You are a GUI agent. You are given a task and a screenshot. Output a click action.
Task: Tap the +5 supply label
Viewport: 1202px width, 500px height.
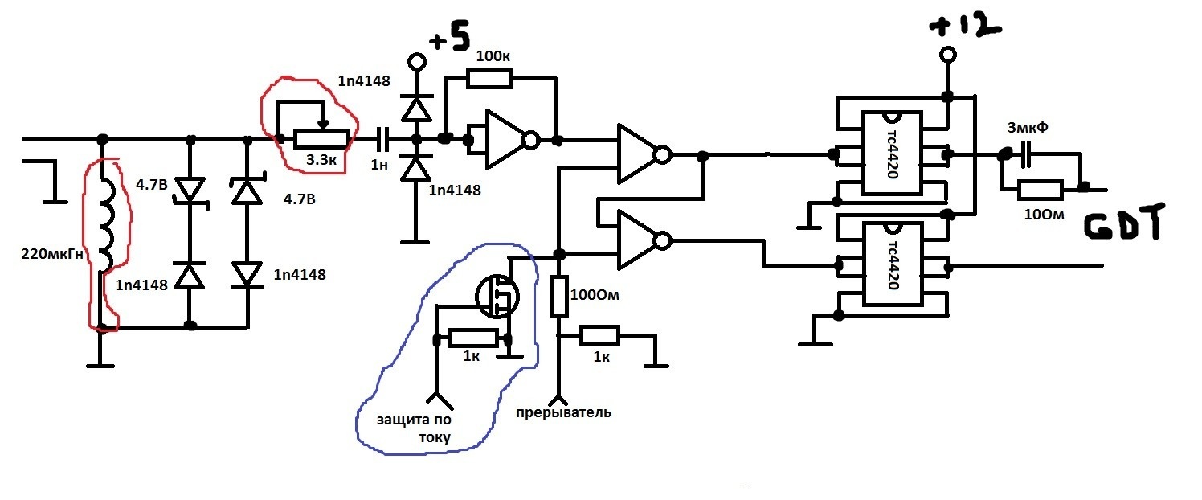click(x=450, y=37)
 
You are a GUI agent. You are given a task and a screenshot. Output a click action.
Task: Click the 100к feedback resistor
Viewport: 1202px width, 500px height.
click(x=489, y=79)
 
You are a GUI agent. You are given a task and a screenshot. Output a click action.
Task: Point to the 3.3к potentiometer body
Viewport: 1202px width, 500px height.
click(x=321, y=139)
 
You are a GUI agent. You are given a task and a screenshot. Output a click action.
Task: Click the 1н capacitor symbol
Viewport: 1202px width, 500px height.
click(x=382, y=140)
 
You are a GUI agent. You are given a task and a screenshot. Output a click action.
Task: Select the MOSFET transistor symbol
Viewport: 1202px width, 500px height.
click(x=497, y=296)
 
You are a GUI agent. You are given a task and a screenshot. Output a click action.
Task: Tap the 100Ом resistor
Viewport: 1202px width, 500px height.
click(x=558, y=296)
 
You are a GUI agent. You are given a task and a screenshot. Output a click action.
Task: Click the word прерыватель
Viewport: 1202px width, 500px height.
click(x=563, y=412)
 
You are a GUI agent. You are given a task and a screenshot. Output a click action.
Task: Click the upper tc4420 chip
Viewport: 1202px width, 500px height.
click(x=892, y=154)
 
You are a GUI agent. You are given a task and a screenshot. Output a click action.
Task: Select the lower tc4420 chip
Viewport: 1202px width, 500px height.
click(x=892, y=264)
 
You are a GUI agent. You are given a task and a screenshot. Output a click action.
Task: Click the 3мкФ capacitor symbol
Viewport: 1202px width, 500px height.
click(x=1026, y=154)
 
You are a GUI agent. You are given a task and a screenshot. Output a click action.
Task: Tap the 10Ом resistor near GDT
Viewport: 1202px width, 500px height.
click(x=1041, y=191)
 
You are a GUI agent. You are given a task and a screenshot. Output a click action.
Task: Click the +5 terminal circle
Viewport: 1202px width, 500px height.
click(x=417, y=62)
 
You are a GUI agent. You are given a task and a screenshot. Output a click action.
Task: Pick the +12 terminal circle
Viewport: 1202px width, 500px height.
click(x=948, y=55)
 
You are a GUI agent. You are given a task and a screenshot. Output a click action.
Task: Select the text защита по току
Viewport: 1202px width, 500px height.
click(x=414, y=428)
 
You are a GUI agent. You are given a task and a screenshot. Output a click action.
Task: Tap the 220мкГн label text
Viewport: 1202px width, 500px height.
click(x=52, y=254)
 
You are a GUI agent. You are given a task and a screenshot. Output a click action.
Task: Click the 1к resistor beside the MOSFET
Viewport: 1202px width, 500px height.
click(x=472, y=338)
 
